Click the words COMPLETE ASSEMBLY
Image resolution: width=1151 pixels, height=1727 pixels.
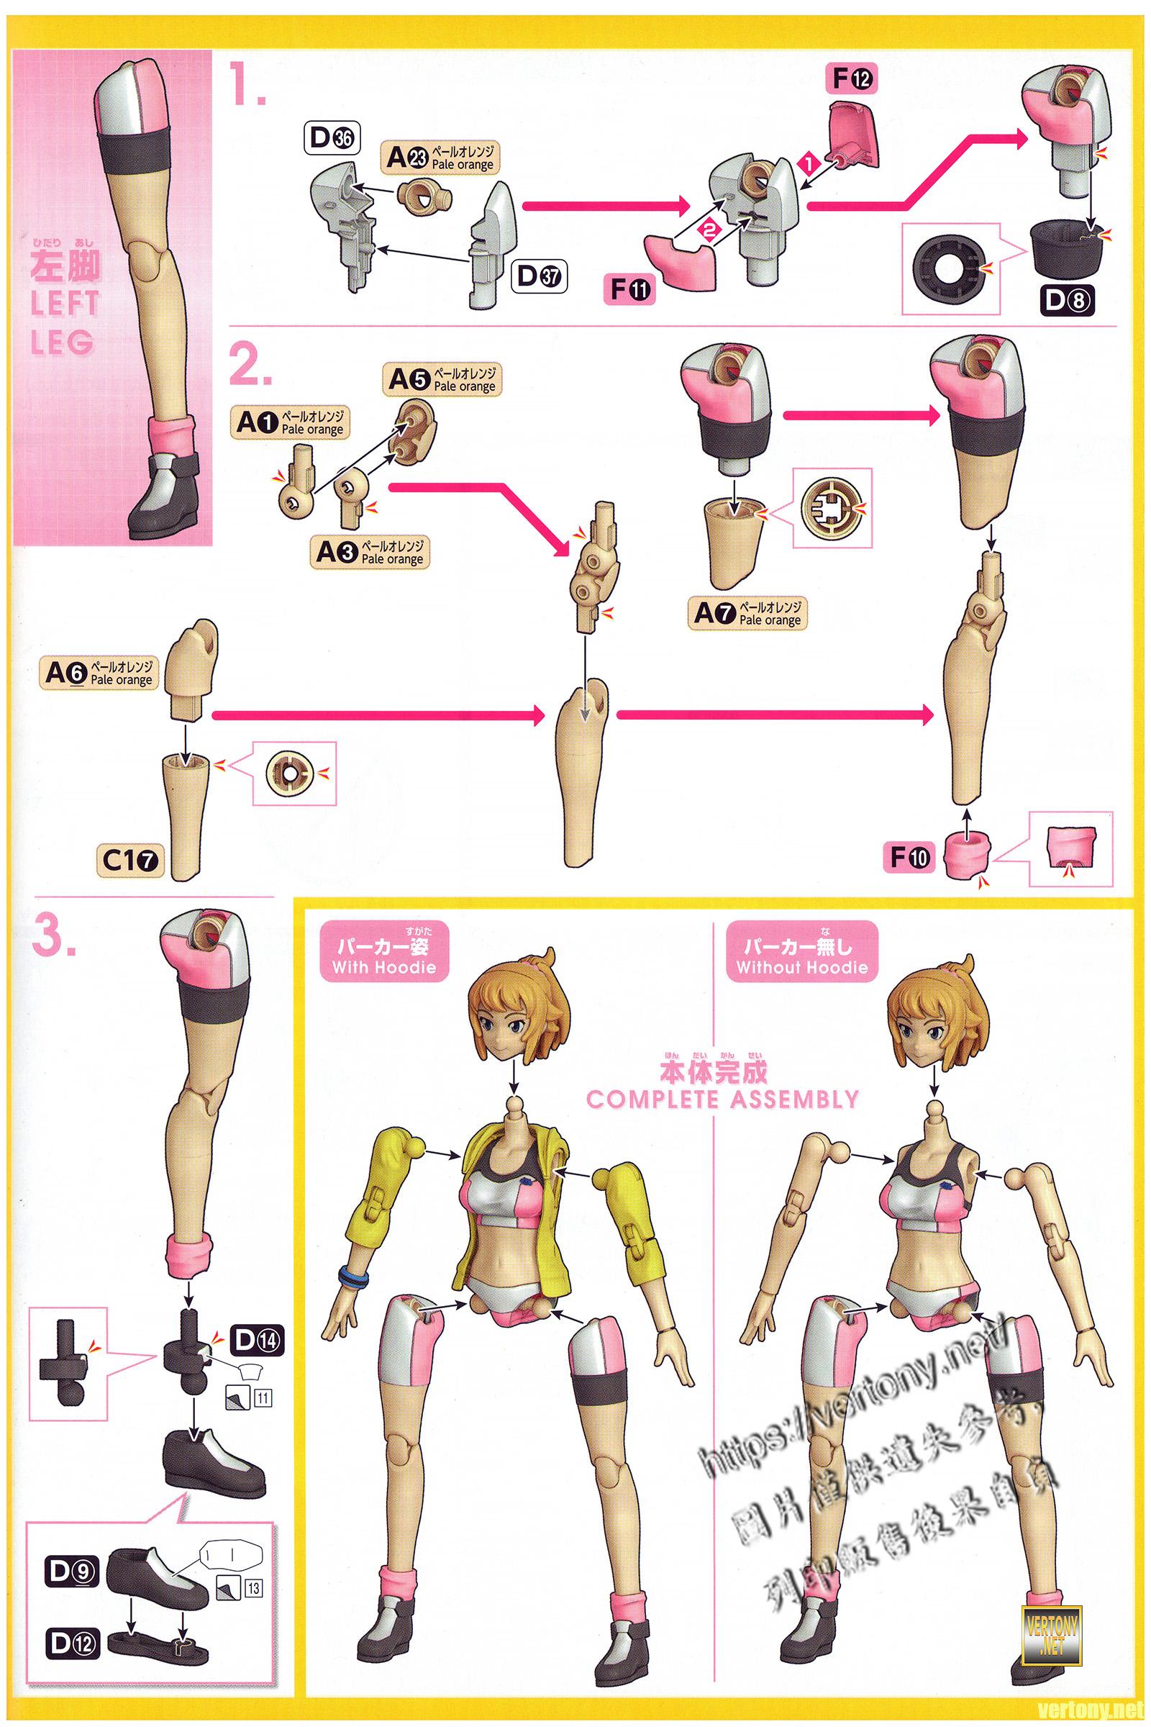click(x=722, y=1100)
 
